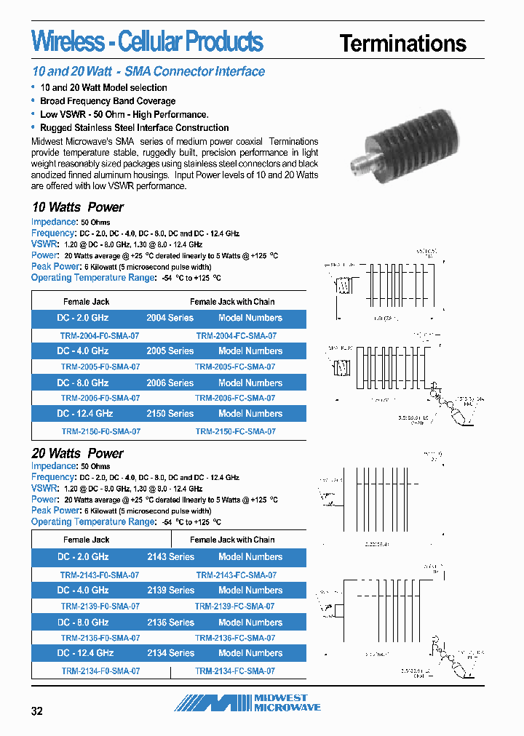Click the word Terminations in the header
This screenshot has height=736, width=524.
[x=402, y=44]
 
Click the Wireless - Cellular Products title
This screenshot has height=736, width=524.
[x=147, y=41]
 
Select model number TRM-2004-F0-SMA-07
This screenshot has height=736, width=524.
[x=100, y=336]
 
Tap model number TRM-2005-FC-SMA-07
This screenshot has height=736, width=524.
[x=235, y=367]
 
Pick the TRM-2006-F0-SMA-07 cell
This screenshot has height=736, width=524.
[x=100, y=399]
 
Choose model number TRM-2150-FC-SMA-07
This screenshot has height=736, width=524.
[x=235, y=431]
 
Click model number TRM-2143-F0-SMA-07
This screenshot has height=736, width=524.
[x=100, y=575]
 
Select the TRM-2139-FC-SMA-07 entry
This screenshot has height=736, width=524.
[x=234, y=606]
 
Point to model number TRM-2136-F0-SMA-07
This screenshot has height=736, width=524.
[x=100, y=638]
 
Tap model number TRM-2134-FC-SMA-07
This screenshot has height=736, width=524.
[x=235, y=671]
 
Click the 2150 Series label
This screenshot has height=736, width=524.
[x=170, y=414]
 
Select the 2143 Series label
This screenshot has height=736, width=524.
[x=170, y=557]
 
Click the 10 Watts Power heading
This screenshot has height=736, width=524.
[x=78, y=207]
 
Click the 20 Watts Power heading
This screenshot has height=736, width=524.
[x=78, y=454]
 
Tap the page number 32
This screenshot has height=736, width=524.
[x=37, y=711]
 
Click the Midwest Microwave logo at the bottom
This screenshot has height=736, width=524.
[x=247, y=703]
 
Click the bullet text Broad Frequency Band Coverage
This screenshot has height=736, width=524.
[x=108, y=101]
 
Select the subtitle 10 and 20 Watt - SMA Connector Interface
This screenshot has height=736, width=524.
[x=148, y=71]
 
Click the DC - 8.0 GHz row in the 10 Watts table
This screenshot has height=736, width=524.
[x=83, y=383]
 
